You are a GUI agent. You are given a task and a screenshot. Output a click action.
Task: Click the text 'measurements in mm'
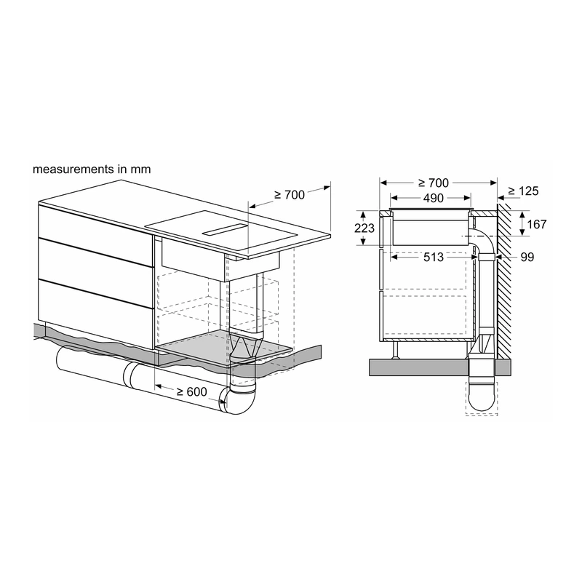click(92, 170)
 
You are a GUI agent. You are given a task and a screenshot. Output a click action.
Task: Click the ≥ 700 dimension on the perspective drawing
click(290, 194)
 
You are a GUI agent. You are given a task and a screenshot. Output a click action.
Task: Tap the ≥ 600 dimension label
click(191, 391)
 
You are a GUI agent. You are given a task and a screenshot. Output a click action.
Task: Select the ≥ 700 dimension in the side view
click(433, 183)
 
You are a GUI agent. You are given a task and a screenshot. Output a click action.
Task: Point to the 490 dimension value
click(433, 198)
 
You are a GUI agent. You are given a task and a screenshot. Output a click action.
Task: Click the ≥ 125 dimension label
click(523, 191)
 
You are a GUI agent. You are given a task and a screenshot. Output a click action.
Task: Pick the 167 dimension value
click(537, 224)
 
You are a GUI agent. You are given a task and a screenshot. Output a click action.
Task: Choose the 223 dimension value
click(364, 228)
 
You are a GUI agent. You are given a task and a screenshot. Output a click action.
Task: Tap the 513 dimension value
click(434, 257)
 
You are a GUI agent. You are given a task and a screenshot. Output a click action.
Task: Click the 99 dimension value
click(527, 257)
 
